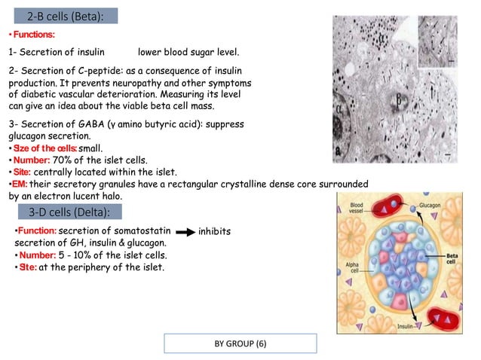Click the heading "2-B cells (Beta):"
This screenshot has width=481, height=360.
pyautogui.click(x=62, y=17)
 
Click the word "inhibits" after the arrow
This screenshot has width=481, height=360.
pyautogui.click(x=213, y=231)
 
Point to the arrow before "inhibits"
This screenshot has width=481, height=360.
pyautogui.click(x=182, y=231)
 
